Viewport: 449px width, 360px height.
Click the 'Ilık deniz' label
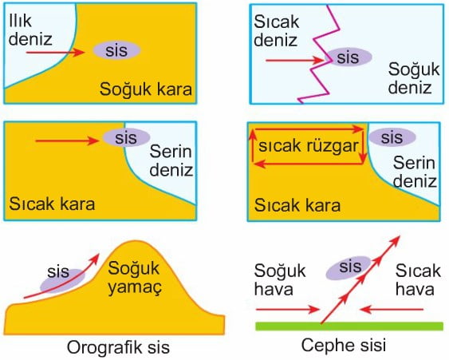(30, 30)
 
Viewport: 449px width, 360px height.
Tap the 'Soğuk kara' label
(146, 89)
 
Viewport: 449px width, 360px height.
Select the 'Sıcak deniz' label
(276, 30)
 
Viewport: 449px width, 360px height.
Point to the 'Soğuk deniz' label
(413, 78)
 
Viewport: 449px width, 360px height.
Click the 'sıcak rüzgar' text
(309, 146)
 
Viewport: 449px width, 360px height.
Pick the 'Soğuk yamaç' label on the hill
(134, 278)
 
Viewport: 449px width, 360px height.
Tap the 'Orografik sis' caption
(118, 347)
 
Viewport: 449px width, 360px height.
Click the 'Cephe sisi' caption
(344, 345)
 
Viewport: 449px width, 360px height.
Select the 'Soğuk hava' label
(280, 279)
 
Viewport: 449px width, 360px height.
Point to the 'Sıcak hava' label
(418, 279)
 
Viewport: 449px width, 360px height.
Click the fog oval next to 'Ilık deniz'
(116, 50)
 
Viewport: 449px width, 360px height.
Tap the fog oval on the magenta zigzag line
(349, 57)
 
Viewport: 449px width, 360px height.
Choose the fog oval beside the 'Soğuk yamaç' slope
(62, 281)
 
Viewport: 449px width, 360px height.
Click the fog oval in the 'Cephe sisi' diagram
(349, 267)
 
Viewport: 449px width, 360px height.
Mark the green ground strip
(349, 326)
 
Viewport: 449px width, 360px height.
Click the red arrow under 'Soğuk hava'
(287, 310)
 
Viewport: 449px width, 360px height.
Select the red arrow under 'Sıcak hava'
(392, 310)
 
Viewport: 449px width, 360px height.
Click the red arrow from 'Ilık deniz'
(56, 53)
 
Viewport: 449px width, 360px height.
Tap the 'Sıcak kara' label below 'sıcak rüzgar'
(297, 205)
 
